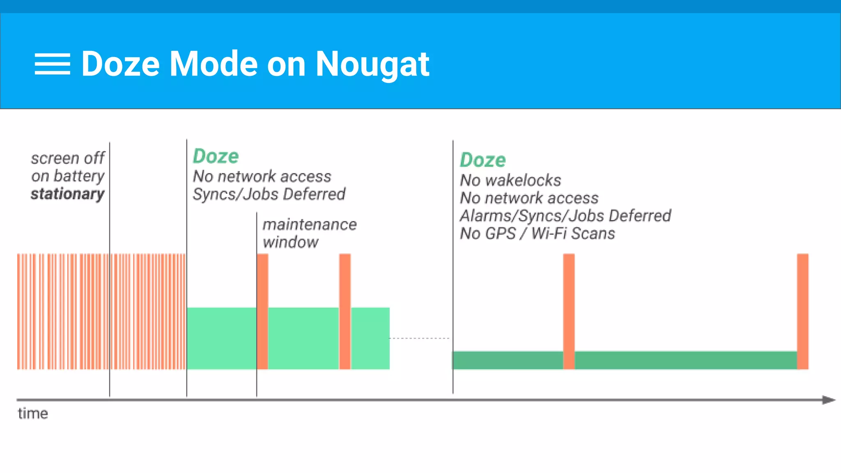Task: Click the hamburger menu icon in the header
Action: point(52,64)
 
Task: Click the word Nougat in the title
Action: point(372,64)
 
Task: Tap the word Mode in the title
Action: point(214,64)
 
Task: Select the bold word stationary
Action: point(68,194)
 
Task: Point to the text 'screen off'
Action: point(68,158)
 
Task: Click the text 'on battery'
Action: point(68,176)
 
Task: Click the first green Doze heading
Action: point(216,156)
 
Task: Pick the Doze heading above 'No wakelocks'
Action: point(483,160)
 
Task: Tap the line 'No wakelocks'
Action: point(510,180)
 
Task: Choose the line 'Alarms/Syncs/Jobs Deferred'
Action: point(565,216)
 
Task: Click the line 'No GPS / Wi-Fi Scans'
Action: point(537,234)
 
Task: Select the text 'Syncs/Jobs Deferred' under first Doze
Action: point(269,194)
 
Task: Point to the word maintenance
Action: point(310,225)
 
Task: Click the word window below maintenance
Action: point(290,242)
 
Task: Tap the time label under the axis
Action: point(33,413)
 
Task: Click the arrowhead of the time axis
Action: point(829,400)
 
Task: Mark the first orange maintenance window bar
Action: point(262,311)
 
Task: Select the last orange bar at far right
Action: point(802,311)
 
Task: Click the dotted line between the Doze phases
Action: point(419,338)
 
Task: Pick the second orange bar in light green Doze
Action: point(345,311)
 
